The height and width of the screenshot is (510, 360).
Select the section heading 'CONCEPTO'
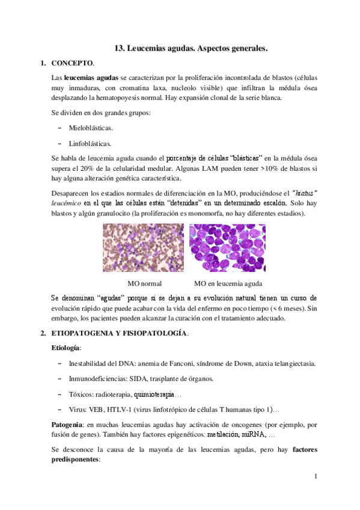tap(72, 63)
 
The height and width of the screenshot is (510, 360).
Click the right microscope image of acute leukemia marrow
tap(227, 248)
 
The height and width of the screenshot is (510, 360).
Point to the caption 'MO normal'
tap(145, 283)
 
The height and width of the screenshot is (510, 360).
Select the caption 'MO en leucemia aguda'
tap(228, 283)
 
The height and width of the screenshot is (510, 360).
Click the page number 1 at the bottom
tap(314, 477)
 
